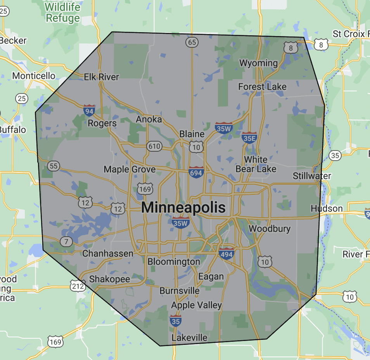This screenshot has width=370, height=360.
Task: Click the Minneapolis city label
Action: click(x=183, y=208)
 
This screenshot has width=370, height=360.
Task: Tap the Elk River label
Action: click(x=102, y=77)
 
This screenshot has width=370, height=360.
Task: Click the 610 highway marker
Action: click(x=154, y=146)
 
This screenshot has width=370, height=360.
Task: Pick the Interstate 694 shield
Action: click(x=196, y=172)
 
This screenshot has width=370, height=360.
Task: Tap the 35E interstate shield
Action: click(x=249, y=137)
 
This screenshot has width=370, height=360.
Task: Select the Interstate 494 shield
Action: click(x=226, y=253)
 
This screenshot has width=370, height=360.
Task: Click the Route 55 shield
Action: click(x=54, y=166)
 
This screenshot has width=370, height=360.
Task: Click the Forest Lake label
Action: click(x=262, y=87)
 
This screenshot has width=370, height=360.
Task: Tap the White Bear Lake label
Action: click(x=256, y=164)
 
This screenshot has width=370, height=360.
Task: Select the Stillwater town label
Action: click(x=312, y=176)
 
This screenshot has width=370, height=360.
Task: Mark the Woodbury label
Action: click(x=270, y=228)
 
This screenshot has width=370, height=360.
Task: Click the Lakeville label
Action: click(x=189, y=337)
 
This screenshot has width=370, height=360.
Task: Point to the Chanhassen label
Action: click(x=108, y=253)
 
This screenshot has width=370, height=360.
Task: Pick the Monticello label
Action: click(x=34, y=76)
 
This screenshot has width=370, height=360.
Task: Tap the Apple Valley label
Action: click(x=197, y=305)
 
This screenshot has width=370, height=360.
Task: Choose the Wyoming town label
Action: click(x=259, y=63)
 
